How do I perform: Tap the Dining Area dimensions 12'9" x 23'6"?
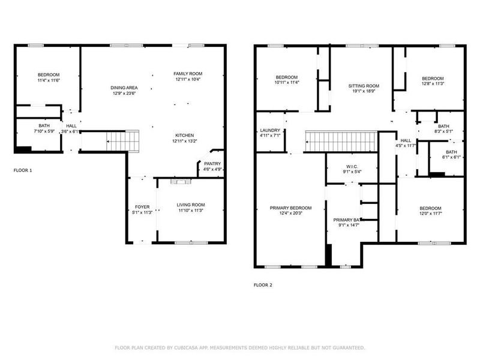[125, 94]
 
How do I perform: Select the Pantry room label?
[212, 164]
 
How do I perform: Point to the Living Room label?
[191, 205]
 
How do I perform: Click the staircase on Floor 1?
[122, 142]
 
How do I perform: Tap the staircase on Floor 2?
[340, 142]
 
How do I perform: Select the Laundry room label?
[270, 131]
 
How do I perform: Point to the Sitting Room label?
[364, 86]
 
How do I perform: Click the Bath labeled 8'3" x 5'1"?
[443, 127]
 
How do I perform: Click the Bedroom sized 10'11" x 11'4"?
[287, 77]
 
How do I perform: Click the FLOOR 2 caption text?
[263, 285]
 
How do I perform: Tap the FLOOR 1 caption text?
[23, 170]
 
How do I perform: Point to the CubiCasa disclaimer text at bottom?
[239, 347]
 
